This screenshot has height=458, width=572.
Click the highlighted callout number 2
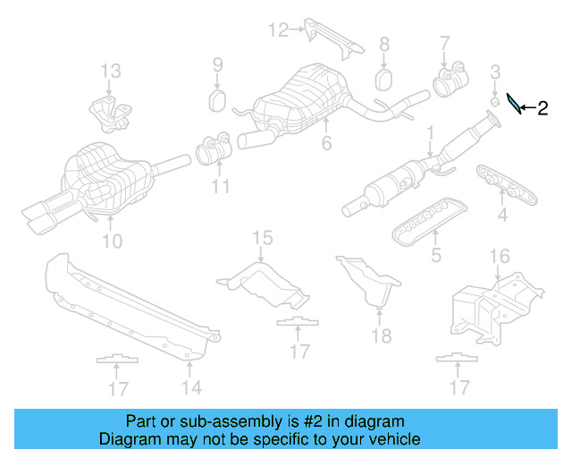pyautogui.click(x=543, y=109)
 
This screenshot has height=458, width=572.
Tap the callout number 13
pyautogui.click(x=109, y=71)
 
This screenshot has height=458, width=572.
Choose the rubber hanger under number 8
pyautogui.click(x=384, y=79)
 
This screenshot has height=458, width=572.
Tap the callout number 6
pyautogui.click(x=327, y=143)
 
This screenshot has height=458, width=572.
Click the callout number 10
pyautogui.click(x=112, y=240)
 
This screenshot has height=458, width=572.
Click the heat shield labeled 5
pyautogui.click(x=427, y=216)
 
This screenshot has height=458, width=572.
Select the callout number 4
pyautogui.click(x=502, y=215)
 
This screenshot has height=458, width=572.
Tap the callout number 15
pyautogui.click(x=261, y=237)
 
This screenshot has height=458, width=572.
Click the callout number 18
pyautogui.click(x=382, y=335)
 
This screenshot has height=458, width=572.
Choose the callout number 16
pyautogui.click(x=498, y=258)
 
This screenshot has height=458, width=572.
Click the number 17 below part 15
pyautogui.click(x=299, y=352)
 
